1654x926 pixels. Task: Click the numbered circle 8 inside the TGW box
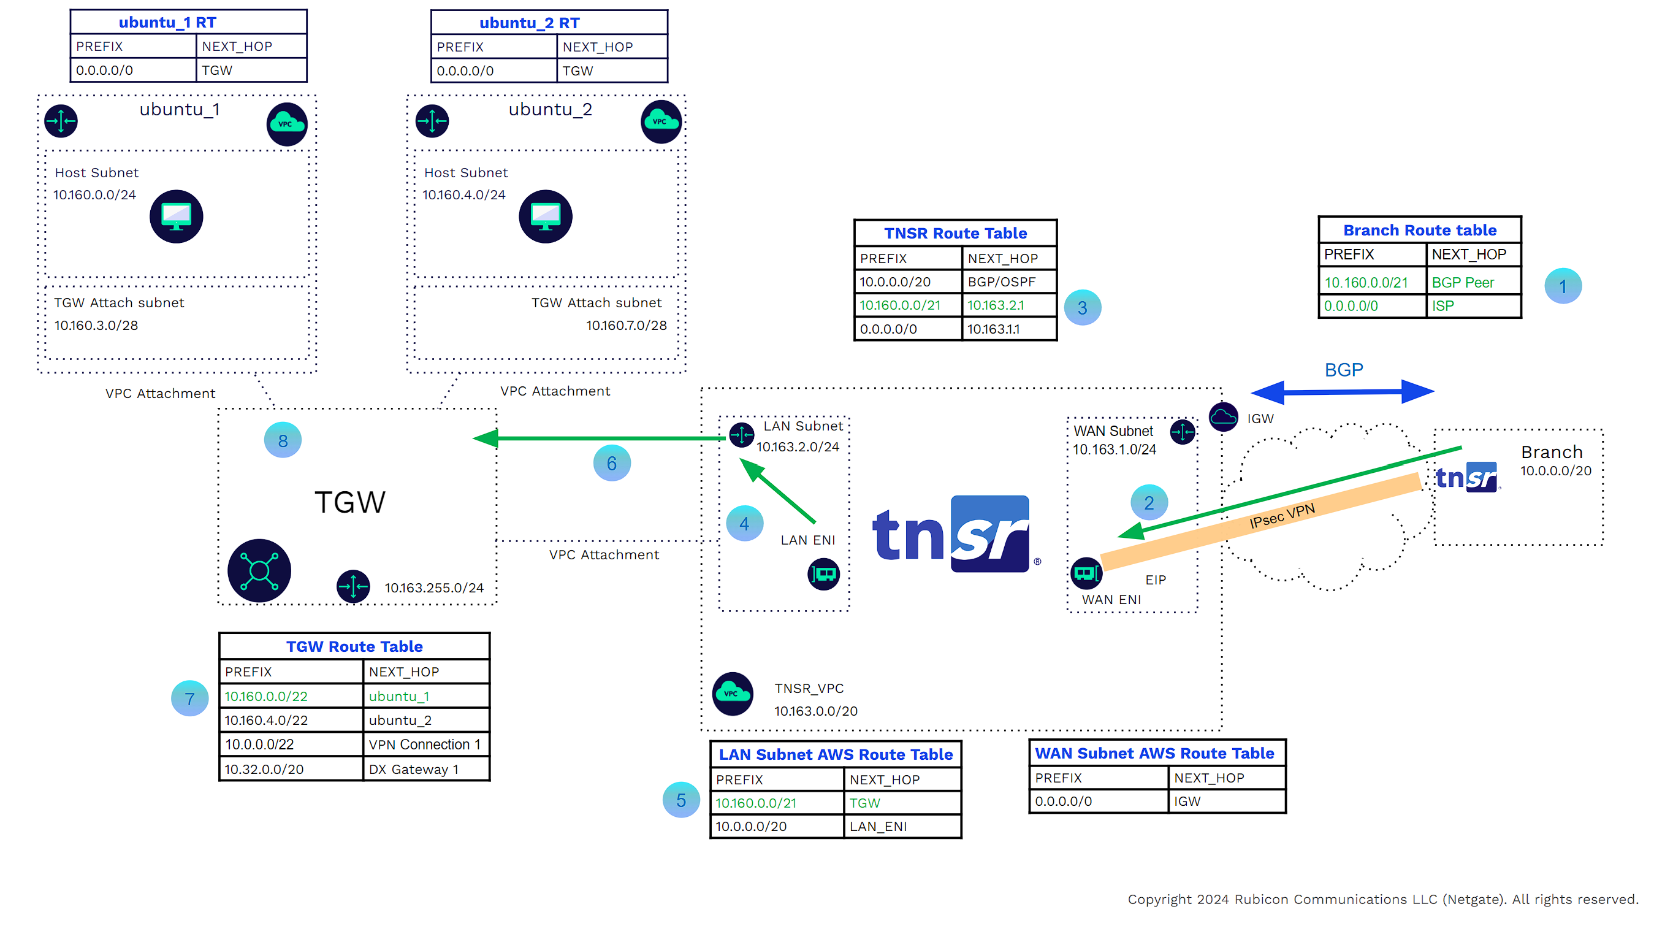tap(283, 440)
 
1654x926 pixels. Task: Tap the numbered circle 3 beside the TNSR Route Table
tap(1083, 308)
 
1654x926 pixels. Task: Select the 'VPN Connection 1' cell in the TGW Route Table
tap(424, 744)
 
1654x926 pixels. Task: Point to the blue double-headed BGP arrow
tap(1343, 391)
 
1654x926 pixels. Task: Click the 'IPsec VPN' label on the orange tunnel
tap(1282, 516)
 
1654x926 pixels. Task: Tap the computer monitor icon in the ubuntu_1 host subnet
tap(177, 216)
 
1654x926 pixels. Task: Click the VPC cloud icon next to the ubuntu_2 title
tap(661, 121)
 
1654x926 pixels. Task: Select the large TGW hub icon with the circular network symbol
tap(259, 570)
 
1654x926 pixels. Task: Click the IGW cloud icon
tap(1223, 418)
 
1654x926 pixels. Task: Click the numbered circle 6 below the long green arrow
tap(612, 463)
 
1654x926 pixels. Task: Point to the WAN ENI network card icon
tap(1086, 572)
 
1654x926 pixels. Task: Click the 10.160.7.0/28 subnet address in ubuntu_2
tap(626, 325)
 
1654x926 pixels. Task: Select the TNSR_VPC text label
tap(809, 688)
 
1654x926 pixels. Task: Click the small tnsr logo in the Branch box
tap(1467, 477)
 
